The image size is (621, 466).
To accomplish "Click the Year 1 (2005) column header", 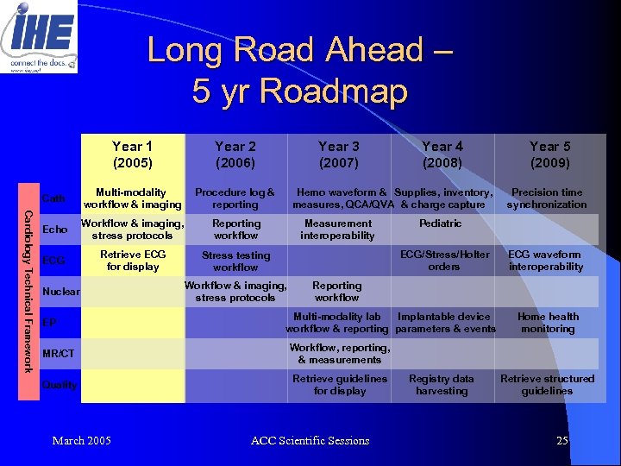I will point(132,154).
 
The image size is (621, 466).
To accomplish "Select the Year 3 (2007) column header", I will point(339,154).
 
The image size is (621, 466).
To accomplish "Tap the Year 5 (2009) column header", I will point(549,154).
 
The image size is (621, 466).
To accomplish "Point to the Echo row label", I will point(54,230).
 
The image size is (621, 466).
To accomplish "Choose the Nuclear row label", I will point(60,292).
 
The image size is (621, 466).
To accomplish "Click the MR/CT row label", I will point(59,354).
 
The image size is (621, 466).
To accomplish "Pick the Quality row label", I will point(60,385).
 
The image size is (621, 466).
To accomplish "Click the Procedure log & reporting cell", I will point(235,198).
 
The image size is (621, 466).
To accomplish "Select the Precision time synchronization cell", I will point(547,198).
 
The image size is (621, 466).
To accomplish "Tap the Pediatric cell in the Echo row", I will point(440,224).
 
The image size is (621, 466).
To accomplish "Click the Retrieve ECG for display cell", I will point(132,261).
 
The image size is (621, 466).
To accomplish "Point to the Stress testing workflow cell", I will point(235,261).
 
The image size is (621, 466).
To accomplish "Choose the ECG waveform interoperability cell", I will point(545,261).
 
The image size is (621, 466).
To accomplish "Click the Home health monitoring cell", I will point(548,323).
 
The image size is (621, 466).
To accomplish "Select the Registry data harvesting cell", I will point(442,385).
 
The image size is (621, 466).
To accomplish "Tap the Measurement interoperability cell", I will point(338,230).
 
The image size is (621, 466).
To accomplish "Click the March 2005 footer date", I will point(81,441).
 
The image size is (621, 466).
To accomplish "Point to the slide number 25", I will point(562,441).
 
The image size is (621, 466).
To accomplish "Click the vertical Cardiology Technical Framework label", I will point(28,292).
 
